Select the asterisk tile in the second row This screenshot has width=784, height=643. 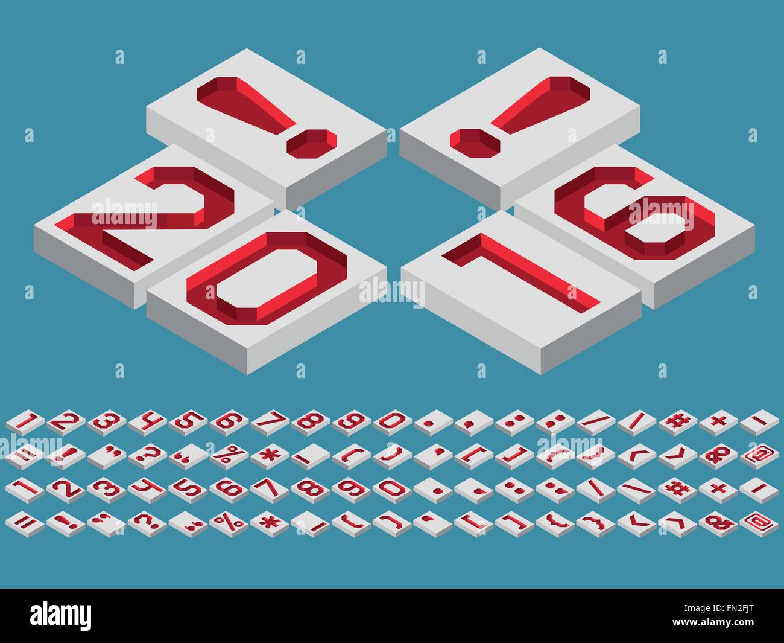pos(267,453)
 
